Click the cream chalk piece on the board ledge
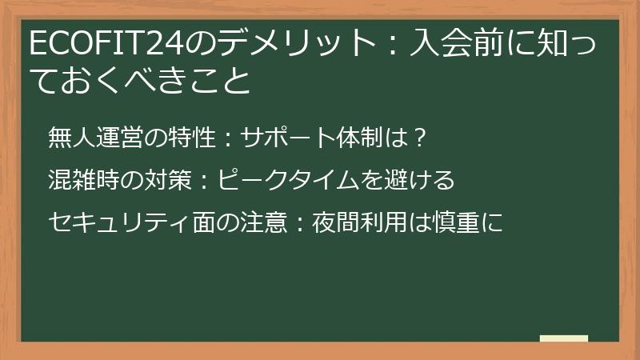point(564,338)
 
